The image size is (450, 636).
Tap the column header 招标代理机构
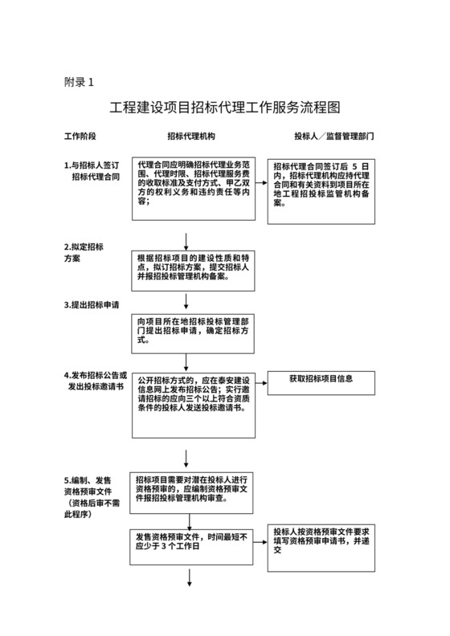tap(191, 137)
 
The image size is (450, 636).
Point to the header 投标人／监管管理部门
tap(333, 137)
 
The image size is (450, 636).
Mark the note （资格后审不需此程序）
tap(92, 508)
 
